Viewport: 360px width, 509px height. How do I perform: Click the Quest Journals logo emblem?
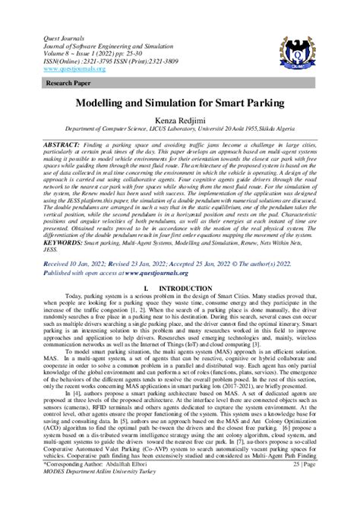(x=310, y=48)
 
